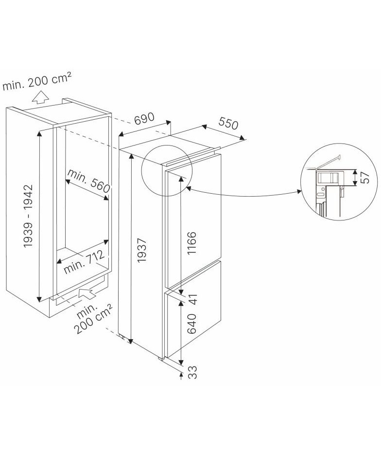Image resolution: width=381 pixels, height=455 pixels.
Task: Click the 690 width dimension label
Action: point(144,119)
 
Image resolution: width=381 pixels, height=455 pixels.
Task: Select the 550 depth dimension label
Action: point(228,123)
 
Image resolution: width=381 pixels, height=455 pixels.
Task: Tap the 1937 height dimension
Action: point(142,251)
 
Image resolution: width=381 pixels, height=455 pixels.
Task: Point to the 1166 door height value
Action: point(192,243)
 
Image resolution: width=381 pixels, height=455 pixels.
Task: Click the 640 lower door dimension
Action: point(192,324)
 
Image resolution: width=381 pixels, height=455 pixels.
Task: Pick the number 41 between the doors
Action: point(192,299)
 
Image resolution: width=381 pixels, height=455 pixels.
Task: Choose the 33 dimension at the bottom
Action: point(192,372)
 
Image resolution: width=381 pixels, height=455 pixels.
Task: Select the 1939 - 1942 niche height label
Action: point(29,216)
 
